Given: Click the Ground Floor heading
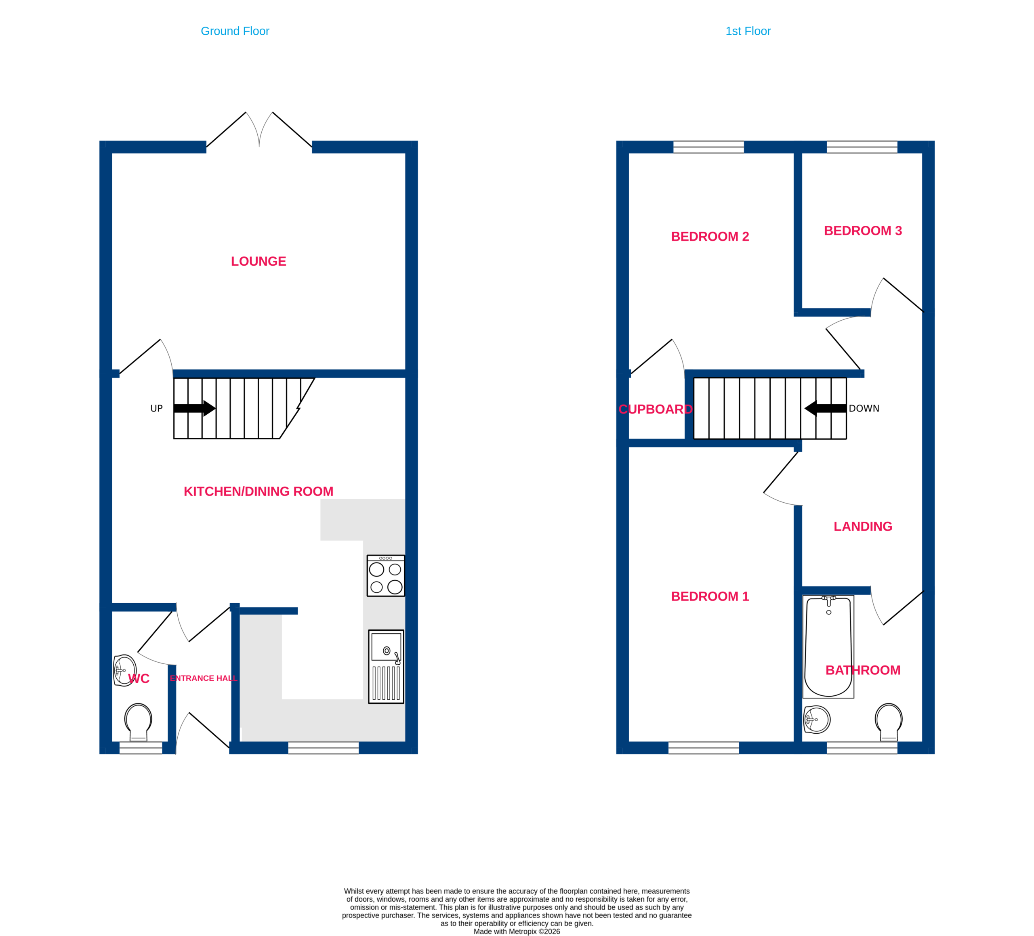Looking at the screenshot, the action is (235, 31).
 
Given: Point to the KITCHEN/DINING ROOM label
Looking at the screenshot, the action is (258, 491).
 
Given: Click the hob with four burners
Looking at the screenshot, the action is (386, 575).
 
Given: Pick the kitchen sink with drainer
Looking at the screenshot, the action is (386, 666).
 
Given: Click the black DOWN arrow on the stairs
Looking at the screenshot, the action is (825, 408).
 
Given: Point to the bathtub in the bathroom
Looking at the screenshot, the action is (828, 646).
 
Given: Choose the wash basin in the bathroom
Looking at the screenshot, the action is (817, 720).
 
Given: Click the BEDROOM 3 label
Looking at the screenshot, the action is (863, 231).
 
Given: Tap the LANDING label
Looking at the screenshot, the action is (863, 526).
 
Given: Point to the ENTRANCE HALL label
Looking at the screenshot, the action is (204, 678).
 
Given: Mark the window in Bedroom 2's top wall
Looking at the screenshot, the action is (708, 147).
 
